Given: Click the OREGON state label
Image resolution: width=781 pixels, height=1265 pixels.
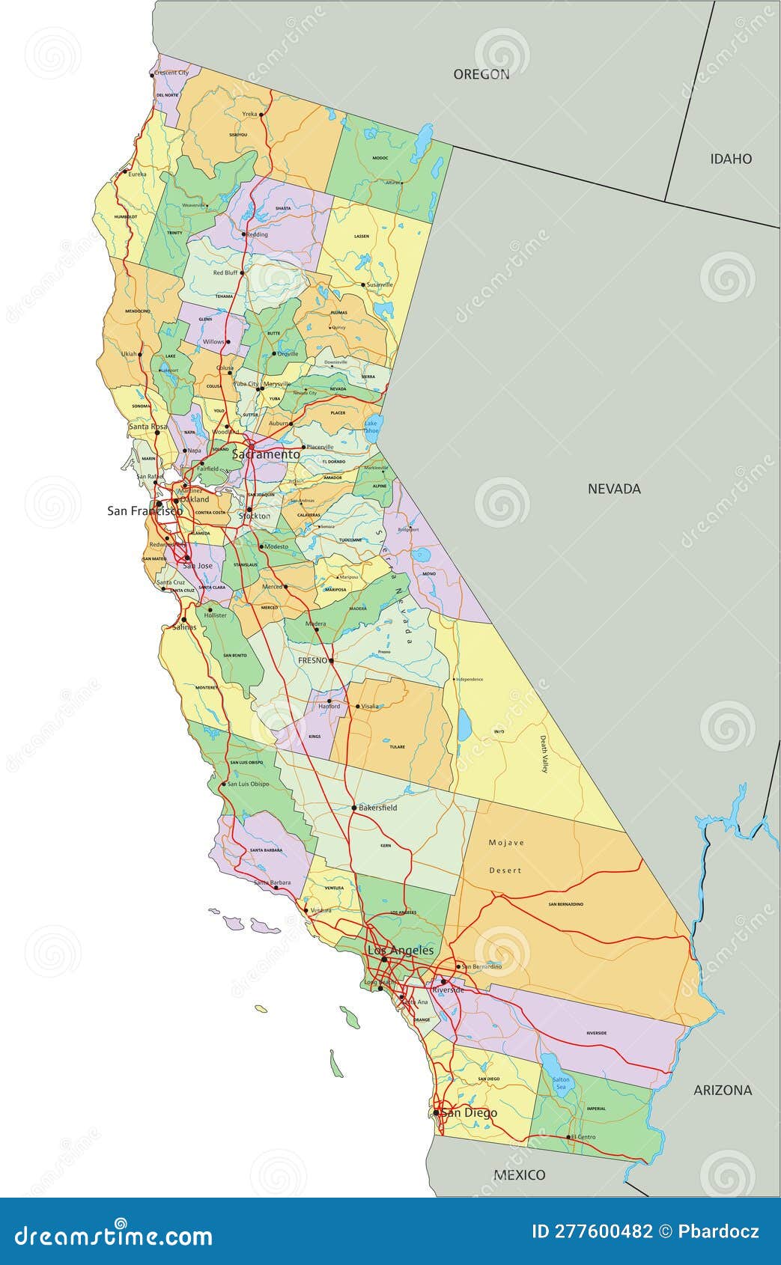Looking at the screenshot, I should tap(481, 74).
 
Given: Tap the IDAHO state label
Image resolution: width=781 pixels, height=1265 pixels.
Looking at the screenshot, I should tap(731, 159).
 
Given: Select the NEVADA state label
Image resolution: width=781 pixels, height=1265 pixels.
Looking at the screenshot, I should tap(614, 489).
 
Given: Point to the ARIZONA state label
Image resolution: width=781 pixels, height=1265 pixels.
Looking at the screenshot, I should tap(723, 1090).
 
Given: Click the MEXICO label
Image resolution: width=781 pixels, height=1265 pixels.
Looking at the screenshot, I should tap(519, 1174).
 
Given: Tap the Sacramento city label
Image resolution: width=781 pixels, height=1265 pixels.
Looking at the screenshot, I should tap(266, 454).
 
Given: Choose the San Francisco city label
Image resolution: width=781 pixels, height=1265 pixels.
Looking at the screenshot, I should tap(145, 510).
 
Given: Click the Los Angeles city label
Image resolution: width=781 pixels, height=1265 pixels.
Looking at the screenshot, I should tap(400, 950).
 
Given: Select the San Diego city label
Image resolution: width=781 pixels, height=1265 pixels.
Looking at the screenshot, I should tap(469, 1112).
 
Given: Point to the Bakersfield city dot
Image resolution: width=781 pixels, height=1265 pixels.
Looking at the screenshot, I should tap(354, 808).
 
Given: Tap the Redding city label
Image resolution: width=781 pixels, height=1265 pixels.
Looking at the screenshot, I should tap(257, 234).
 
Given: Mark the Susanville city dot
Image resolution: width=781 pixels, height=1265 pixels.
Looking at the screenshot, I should tap(363, 285).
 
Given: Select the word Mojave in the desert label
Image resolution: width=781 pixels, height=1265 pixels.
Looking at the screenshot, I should tap(506, 842).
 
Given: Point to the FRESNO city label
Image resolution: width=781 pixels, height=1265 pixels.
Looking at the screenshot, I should tap(312, 661).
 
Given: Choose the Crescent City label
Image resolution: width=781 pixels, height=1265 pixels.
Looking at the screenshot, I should tap(171, 73).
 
